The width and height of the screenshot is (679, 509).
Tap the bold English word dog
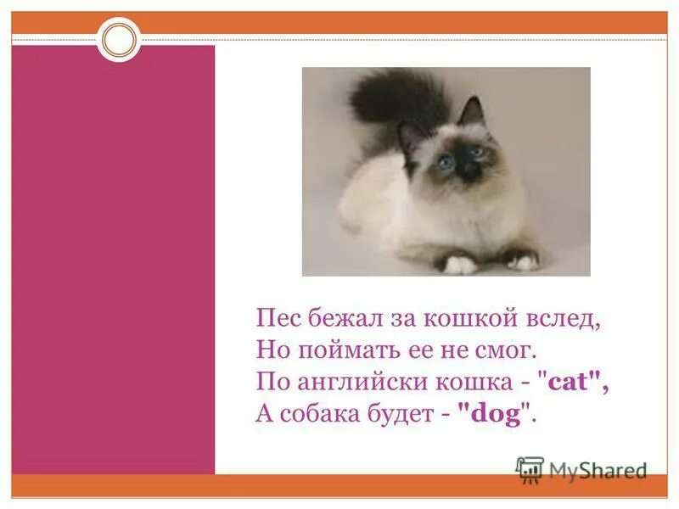coord(495,413)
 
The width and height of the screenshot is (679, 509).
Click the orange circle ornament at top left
coord(119,39)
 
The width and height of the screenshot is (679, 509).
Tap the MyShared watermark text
coord(598,470)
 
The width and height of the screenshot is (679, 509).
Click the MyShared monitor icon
coord(530,468)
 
